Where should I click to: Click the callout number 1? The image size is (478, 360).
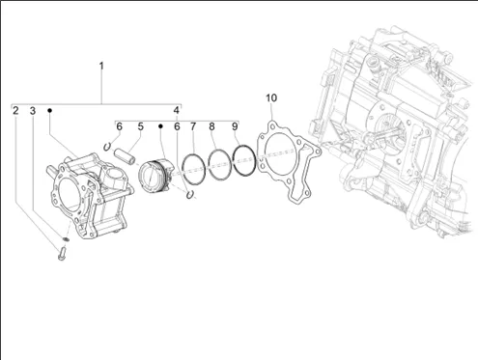(x=101, y=66)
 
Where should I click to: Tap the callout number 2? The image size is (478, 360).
(x=15, y=111)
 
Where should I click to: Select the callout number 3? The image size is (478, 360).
(x=33, y=111)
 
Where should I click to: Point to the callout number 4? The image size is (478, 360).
(x=177, y=110)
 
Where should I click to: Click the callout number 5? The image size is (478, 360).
(x=141, y=126)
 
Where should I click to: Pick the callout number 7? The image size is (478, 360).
(x=193, y=126)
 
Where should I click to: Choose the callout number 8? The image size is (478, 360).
(x=211, y=126)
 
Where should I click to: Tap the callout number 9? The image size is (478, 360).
(x=235, y=126)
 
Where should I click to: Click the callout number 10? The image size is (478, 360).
(x=271, y=97)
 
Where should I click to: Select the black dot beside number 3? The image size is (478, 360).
(x=49, y=110)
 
